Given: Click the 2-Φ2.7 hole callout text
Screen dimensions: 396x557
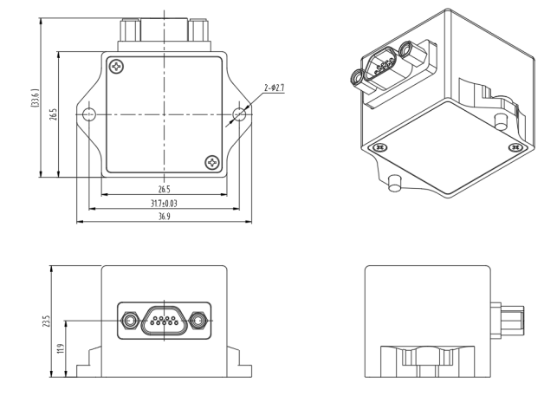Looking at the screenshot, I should pos(272,88).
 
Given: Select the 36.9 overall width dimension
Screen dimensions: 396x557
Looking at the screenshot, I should pos(164,217).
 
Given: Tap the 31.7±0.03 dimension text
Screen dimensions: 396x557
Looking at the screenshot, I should pos(164,203).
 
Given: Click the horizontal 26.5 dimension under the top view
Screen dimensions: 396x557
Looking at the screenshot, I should pos(164,189).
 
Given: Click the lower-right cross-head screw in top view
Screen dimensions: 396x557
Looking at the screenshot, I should pos(212,162).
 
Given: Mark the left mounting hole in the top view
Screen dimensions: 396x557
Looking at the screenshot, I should pos(87,114).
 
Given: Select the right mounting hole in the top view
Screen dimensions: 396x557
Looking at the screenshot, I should pos(241,114).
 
